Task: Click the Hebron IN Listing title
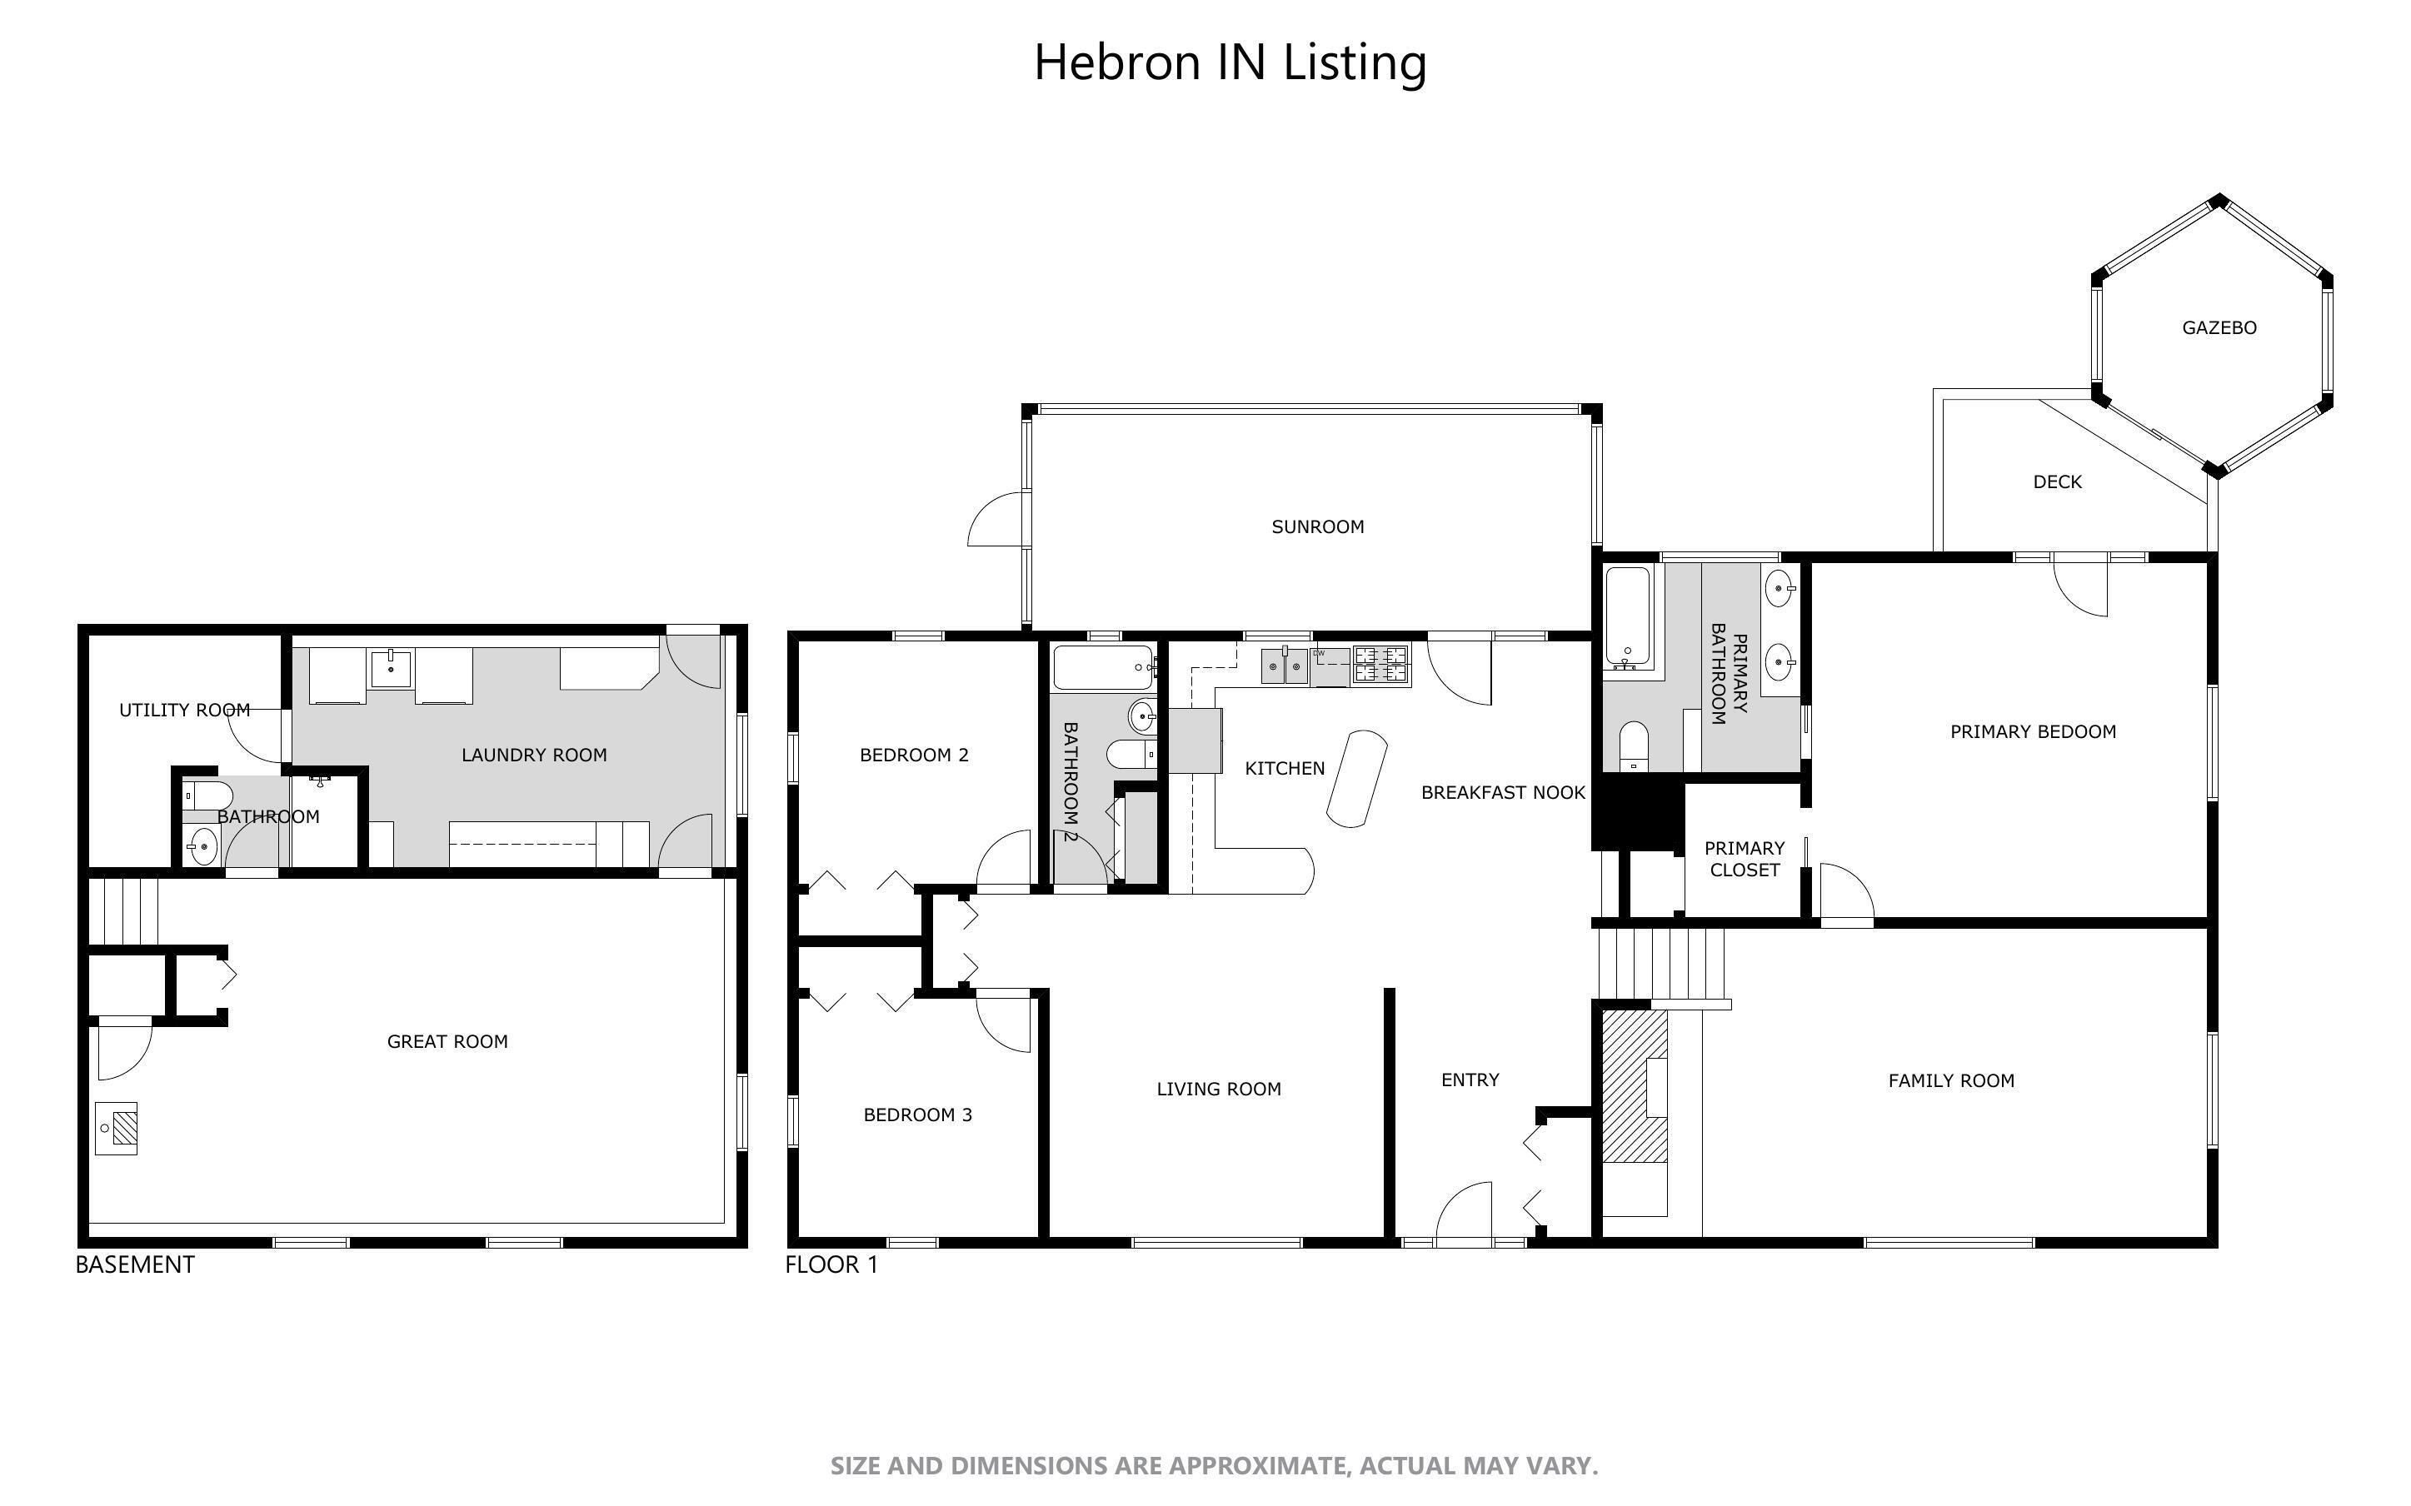pos(1230,62)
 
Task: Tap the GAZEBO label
pos(2219,327)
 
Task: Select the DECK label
pos(2056,482)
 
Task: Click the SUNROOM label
pos(1316,527)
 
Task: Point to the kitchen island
pos(1356,778)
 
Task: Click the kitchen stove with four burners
pos(1381,666)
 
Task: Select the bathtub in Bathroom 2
pos(1102,667)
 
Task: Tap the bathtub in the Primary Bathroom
pos(1628,616)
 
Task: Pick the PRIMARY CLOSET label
pos(1744,859)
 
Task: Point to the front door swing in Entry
pos(1464,1210)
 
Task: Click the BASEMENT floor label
pos(134,1265)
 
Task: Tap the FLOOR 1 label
pos(831,1265)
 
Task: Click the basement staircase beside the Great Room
pos(124,910)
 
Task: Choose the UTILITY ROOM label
pos(184,711)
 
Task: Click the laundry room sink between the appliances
pos(392,667)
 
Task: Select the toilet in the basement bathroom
pos(206,795)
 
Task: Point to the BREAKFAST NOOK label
pos(1502,793)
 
